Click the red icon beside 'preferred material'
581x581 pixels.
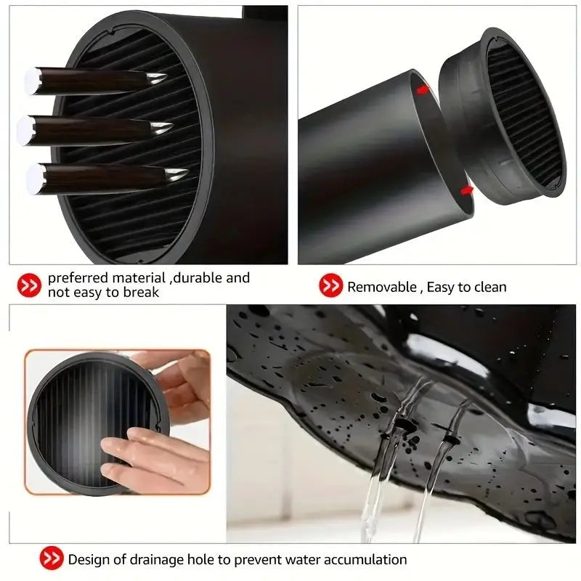(29, 285)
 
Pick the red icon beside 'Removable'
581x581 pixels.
(330, 286)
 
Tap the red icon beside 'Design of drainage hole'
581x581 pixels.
(51, 559)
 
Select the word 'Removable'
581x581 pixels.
(381, 287)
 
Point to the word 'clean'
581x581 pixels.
(489, 287)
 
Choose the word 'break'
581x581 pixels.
(142, 293)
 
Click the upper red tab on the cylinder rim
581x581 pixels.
(422, 90)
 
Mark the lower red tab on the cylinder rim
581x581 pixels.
(466, 190)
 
